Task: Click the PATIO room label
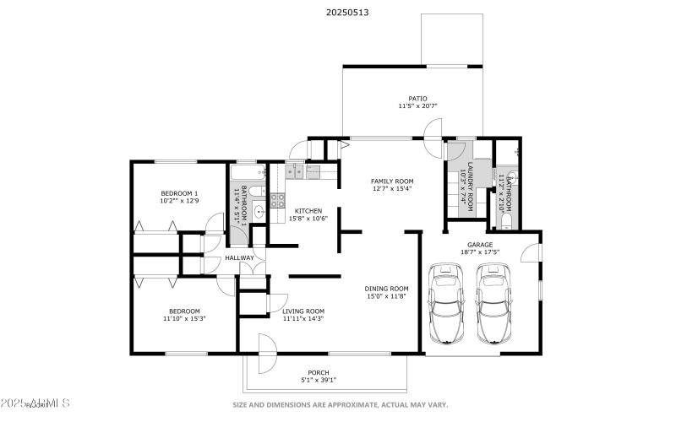(417, 97)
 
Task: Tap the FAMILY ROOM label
(392, 181)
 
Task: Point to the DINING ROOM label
(387, 288)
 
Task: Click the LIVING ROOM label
(303, 310)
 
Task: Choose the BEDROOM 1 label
(178, 192)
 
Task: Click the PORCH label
(319, 372)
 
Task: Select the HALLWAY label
(239, 258)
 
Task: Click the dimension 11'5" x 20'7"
(417, 106)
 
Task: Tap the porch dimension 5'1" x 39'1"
(319, 381)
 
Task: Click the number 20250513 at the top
(347, 13)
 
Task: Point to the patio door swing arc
(433, 130)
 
